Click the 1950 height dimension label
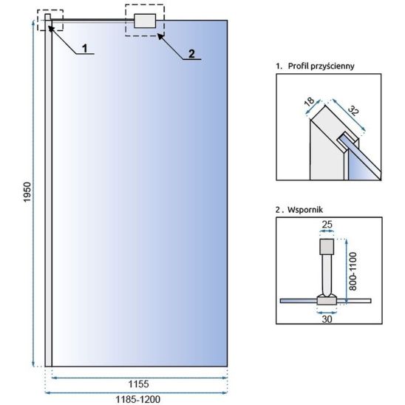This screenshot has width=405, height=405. [x=27, y=192]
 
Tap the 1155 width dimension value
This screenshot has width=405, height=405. [x=139, y=384]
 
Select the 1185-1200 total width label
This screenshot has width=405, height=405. [x=138, y=399]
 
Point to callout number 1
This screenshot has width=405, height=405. [x=85, y=48]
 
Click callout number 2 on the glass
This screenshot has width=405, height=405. [x=191, y=54]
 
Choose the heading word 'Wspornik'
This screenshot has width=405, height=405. [x=305, y=209]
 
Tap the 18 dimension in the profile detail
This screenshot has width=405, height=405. [x=309, y=101]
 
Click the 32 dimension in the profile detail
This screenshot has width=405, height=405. [x=353, y=111]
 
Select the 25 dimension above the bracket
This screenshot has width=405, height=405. [x=327, y=225]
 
